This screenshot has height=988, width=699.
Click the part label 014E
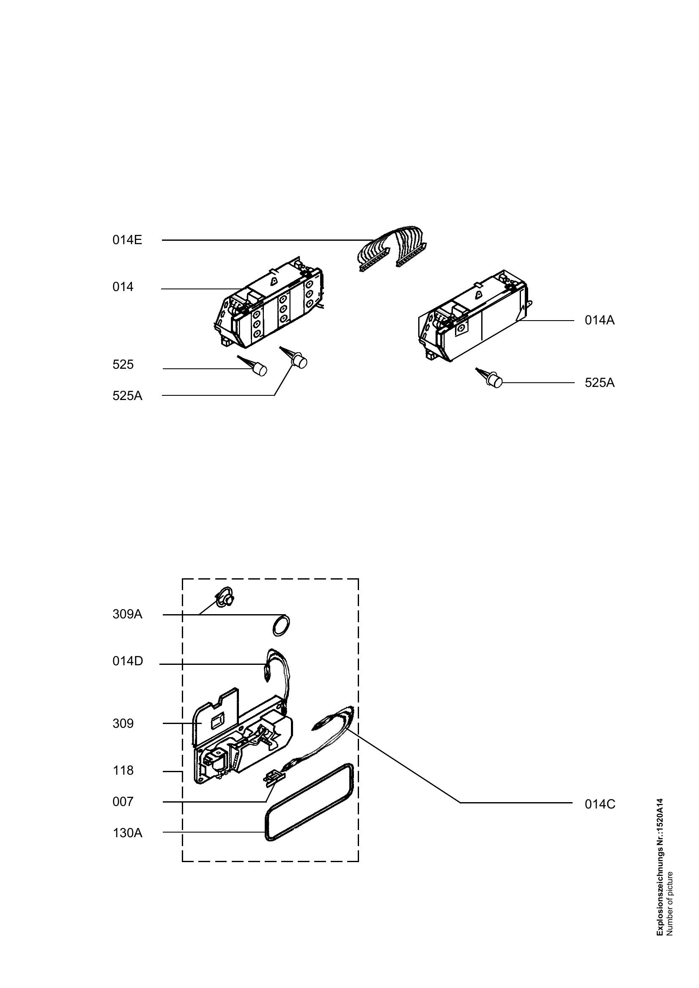[127, 240]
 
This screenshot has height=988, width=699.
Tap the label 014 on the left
[123, 287]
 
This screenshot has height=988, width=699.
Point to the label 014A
[600, 320]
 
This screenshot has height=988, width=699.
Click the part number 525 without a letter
[123, 365]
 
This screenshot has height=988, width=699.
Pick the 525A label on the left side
[127, 396]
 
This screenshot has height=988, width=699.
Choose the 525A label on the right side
[600, 383]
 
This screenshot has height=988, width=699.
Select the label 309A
[127, 615]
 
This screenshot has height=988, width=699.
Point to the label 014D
[127, 661]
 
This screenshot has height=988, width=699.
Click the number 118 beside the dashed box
[123, 770]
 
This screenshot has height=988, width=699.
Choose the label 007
[123, 802]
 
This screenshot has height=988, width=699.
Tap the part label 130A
[127, 833]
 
